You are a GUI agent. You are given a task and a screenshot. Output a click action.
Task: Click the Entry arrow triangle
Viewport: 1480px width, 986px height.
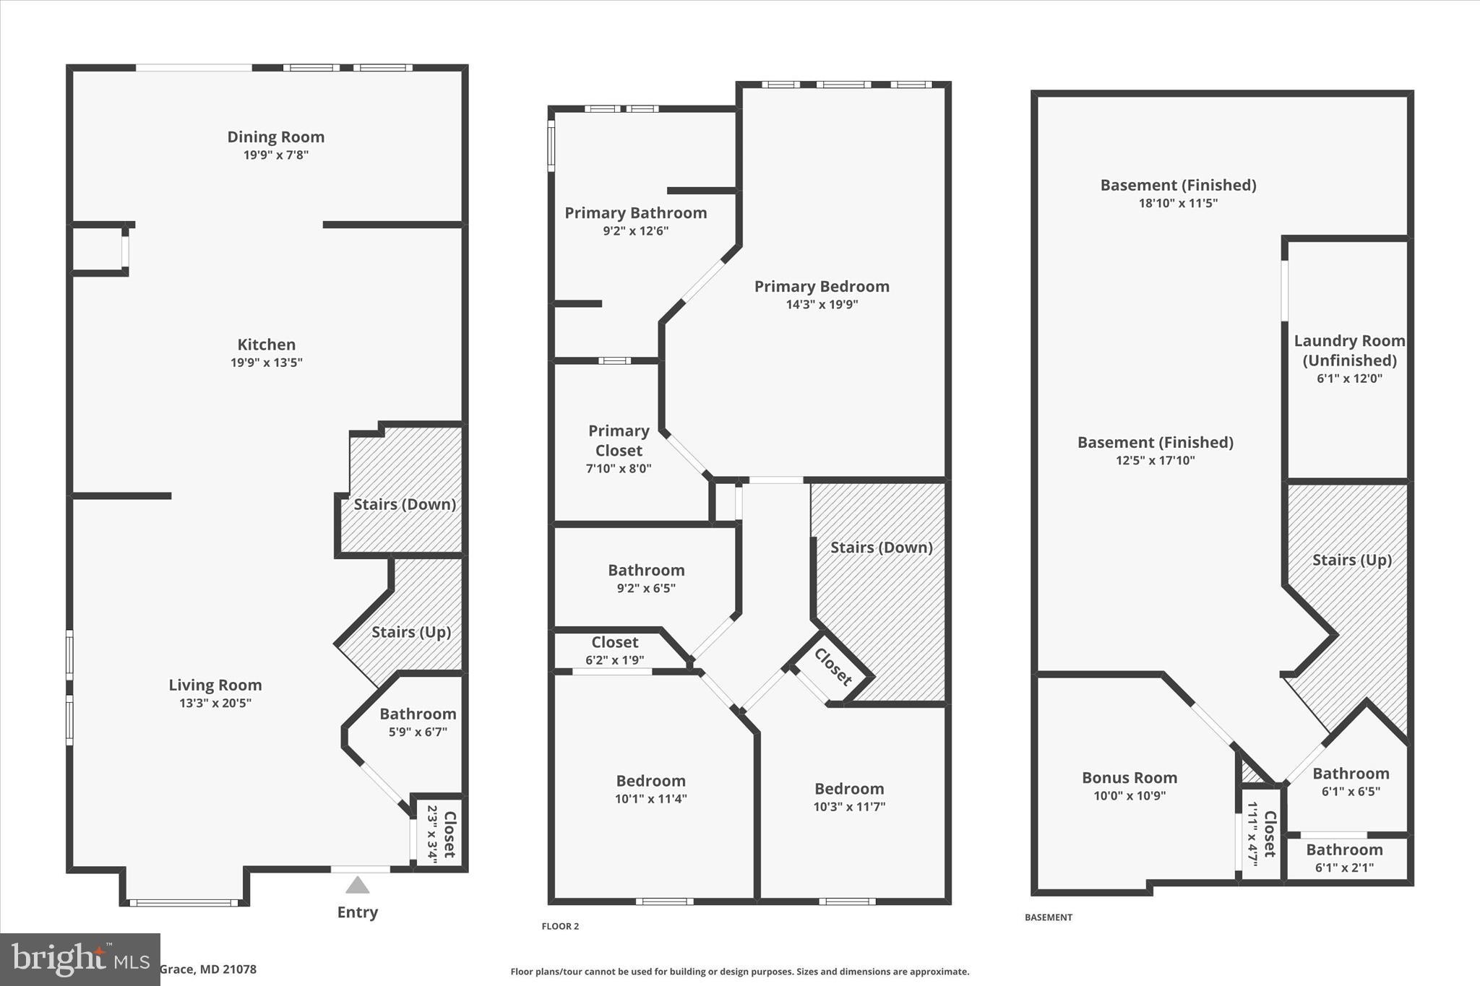click(x=357, y=885)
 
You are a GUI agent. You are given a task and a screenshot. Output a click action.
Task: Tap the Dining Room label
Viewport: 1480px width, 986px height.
click(x=275, y=137)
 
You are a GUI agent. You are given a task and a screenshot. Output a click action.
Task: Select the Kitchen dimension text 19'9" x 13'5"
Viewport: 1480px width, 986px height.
click(x=266, y=363)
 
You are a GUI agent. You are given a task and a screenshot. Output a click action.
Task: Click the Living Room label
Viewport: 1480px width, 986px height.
click(x=215, y=685)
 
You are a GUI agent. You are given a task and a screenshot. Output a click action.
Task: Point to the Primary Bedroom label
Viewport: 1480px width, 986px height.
click(x=822, y=286)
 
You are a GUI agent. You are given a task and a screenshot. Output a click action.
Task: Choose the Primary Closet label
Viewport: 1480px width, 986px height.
click(x=619, y=441)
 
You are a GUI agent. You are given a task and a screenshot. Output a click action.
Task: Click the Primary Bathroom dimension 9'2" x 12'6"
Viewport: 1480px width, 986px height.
click(x=635, y=231)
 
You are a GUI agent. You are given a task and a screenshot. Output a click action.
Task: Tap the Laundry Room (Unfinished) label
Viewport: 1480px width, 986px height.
click(x=1349, y=350)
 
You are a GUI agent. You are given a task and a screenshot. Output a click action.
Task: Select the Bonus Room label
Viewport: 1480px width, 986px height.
click(x=1129, y=778)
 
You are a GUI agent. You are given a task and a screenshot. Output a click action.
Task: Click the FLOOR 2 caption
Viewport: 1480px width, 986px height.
click(x=560, y=926)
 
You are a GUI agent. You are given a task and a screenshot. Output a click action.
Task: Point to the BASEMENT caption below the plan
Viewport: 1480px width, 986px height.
click(x=1048, y=917)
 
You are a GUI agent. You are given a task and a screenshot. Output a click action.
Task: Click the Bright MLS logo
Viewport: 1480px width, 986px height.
click(x=79, y=959)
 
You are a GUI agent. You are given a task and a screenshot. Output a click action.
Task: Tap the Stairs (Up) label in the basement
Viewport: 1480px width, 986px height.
click(x=1351, y=560)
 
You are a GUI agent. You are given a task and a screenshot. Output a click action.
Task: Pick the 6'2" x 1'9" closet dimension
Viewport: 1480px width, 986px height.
click(x=614, y=660)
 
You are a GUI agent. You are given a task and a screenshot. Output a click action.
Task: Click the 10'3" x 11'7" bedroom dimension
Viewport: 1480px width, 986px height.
click(x=849, y=807)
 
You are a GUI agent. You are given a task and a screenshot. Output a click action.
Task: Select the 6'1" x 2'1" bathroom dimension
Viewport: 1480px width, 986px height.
click(x=1344, y=868)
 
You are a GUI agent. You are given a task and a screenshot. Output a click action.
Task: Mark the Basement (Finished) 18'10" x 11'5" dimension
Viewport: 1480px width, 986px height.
click(x=1178, y=203)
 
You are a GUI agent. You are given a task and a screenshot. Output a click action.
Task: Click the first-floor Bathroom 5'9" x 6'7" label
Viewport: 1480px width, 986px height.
click(x=418, y=714)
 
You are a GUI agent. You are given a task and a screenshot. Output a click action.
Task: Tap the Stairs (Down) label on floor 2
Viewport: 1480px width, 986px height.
click(x=881, y=548)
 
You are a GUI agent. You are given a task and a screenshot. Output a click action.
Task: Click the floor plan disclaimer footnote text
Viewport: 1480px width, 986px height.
click(x=739, y=972)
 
